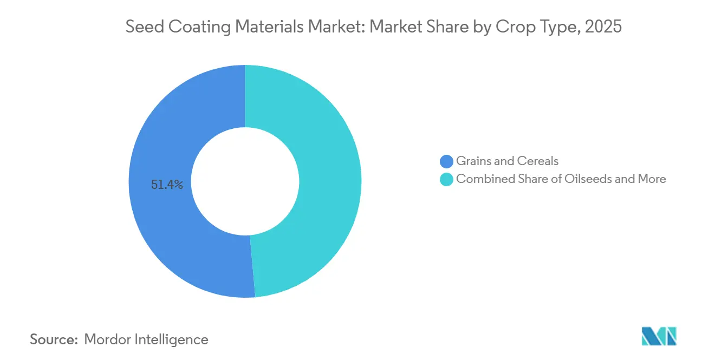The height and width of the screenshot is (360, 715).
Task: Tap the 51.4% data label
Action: tap(167, 185)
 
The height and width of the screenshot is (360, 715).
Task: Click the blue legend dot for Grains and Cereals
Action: tap(447, 161)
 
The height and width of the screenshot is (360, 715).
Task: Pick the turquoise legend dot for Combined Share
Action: tap(447, 179)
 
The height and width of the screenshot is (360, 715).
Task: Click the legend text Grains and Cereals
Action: tap(507, 161)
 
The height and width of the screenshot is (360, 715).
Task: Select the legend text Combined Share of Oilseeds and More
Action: tap(561, 179)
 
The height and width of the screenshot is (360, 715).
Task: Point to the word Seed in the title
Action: tap(142, 27)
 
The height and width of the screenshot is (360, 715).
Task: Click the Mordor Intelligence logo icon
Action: tap(659, 336)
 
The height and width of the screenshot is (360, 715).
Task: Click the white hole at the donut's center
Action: tap(245, 181)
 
